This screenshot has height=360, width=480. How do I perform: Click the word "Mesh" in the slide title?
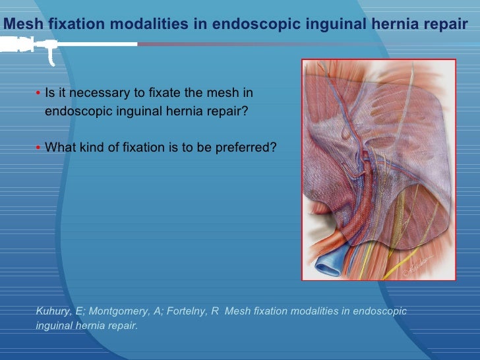tap(20, 24)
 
